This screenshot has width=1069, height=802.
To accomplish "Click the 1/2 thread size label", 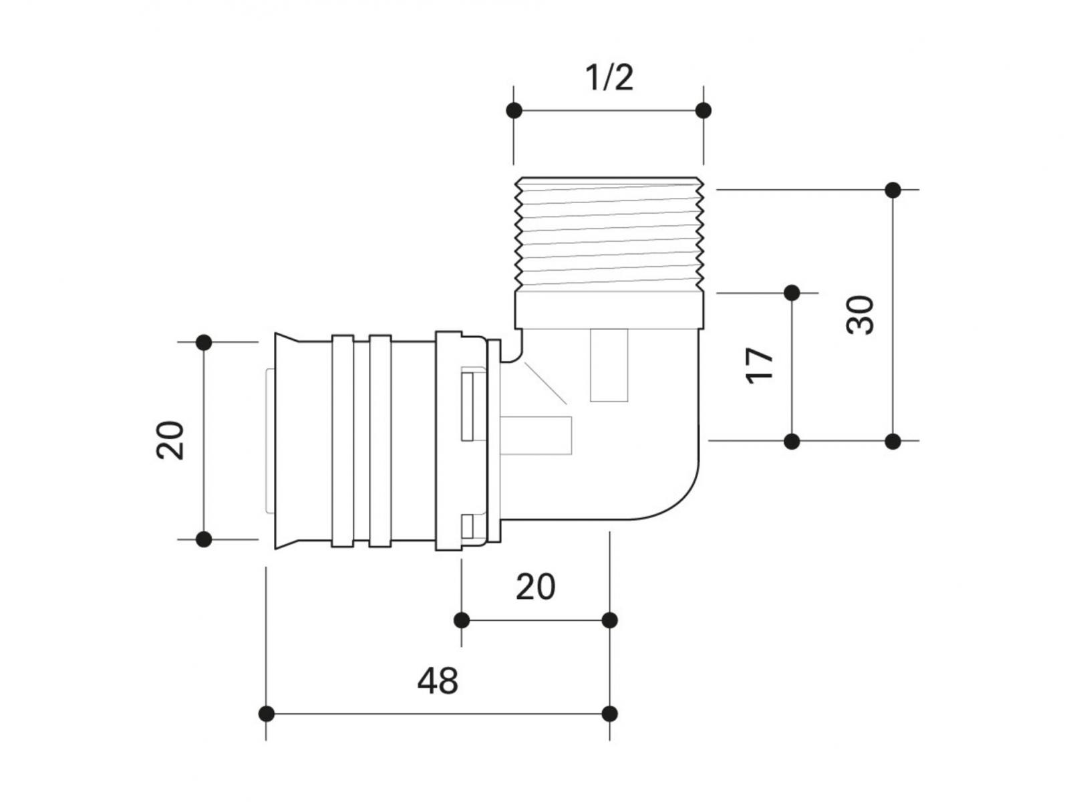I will click(609, 78).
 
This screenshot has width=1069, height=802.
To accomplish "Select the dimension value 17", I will click(760, 365).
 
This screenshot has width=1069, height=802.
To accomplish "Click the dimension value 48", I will click(438, 681).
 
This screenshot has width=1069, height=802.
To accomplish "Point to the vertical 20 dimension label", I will click(170, 440).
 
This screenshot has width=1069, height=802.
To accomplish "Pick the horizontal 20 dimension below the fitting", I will click(535, 587).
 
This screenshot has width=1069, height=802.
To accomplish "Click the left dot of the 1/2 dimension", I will click(514, 110).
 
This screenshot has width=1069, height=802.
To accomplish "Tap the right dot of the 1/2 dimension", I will click(703, 110).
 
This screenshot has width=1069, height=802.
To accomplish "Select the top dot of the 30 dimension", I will click(893, 190).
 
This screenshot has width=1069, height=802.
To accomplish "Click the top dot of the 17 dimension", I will click(792, 293).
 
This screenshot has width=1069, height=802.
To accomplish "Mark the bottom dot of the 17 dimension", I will click(792, 441).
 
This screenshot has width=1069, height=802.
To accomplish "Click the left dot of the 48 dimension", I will click(267, 714).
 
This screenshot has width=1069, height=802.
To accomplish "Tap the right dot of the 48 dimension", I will click(609, 714).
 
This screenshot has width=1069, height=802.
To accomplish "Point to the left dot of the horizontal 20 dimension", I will click(462, 620).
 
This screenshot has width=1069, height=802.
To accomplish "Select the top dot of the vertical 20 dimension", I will click(204, 342).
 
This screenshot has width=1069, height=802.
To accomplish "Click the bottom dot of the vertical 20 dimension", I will click(204, 539).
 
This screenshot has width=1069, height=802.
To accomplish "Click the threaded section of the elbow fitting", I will click(609, 234).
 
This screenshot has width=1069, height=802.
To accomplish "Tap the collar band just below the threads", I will click(609, 309).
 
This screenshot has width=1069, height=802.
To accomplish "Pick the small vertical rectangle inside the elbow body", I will click(609, 366).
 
